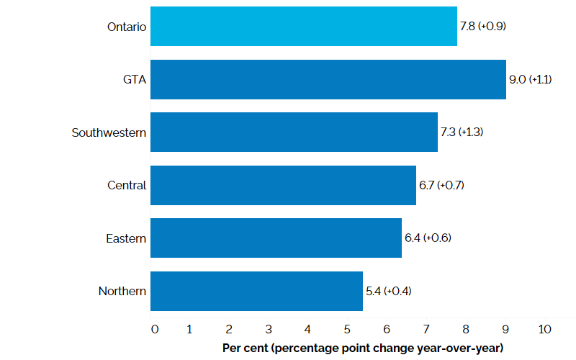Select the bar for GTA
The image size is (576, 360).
(x=328, y=79)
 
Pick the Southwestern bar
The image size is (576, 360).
(x=294, y=132)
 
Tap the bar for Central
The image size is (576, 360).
(x=283, y=185)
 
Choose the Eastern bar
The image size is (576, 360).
(x=276, y=238)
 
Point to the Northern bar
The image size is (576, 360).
(x=256, y=291)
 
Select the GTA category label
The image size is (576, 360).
(x=135, y=79)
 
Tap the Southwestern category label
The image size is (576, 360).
(x=109, y=132)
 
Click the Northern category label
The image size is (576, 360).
(x=122, y=291)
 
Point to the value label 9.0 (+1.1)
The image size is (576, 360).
(x=530, y=79)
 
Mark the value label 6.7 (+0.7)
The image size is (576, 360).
(x=441, y=185)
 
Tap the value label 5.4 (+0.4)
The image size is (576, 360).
(x=389, y=291)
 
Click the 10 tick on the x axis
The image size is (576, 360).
(x=544, y=330)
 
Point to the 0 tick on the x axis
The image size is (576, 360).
(x=155, y=330)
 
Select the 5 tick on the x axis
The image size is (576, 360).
(x=348, y=330)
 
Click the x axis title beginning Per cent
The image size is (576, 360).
(x=362, y=348)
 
